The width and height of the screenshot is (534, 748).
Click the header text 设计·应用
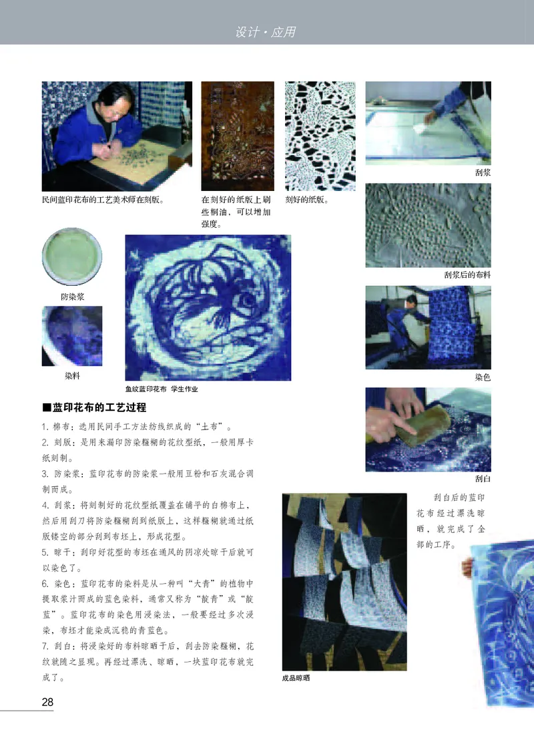coord(266,31)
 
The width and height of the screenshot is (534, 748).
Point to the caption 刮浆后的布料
coord(467,274)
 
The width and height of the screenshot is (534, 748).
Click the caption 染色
coord(482,377)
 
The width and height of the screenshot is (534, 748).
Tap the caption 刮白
coord(482,479)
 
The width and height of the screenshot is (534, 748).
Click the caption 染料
coord(73,377)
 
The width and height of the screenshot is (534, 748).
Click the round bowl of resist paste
coord(72,257)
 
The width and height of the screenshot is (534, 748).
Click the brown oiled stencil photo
coord(238,136)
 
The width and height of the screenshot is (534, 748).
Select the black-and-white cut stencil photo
coord(320,136)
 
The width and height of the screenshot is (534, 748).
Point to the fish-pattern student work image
coord(208,307)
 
